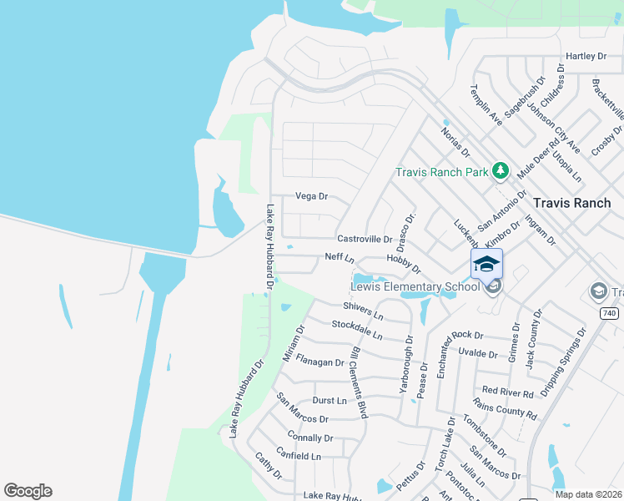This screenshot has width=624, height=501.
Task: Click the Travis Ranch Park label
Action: (x=441, y=173)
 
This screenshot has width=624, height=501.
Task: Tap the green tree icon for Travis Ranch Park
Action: (x=500, y=171)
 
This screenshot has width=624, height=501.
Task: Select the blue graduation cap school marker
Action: (x=487, y=265)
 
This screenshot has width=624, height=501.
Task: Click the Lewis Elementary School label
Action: (x=415, y=287)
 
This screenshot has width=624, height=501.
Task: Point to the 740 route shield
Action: (x=610, y=312)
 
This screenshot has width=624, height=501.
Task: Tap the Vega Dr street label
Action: (x=312, y=196)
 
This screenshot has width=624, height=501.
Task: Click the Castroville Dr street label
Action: (x=365, y=239)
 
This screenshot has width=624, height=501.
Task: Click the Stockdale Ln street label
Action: (x=356, y=330)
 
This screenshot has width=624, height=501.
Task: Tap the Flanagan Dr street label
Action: (x=320, y=362)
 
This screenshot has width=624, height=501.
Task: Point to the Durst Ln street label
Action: (x=329, y=401)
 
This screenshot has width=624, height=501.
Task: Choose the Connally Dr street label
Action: (x=310, y=438)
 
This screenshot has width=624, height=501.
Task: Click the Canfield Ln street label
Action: (x=304, y=457)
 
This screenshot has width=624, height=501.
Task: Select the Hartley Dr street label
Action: (x=586, y=56)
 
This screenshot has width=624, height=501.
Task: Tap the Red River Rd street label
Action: (x=507, y=391)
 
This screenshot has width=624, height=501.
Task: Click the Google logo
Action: (x=28, y=491)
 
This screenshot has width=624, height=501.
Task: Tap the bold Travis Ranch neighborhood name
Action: (x=571, y=203)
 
